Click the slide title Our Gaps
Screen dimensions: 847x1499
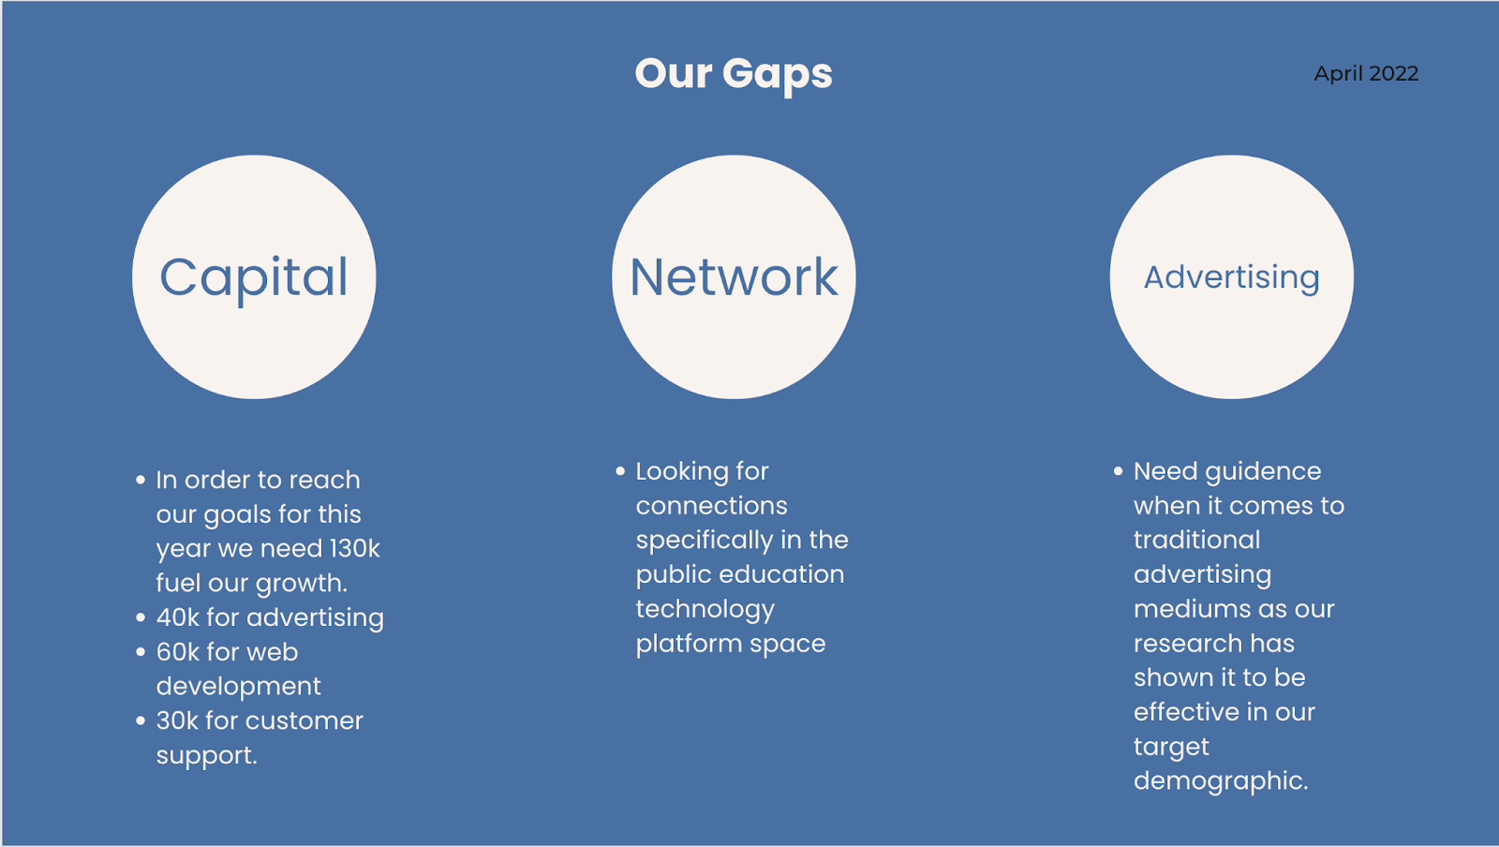click(733, 74)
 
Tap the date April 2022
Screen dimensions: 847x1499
click(1366, 74)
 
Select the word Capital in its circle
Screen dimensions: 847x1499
click(254, 277)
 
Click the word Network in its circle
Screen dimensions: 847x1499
click(734, 277)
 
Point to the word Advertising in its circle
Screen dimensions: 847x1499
click(1231, 277)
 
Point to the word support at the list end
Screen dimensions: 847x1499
click(206, 756)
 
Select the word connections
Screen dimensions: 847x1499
click(711, 506)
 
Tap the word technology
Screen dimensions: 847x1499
click(705, 610)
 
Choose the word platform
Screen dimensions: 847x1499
click(689, 644)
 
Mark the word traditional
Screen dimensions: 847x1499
click(1196, 540)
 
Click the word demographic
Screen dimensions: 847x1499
click(1220, 781)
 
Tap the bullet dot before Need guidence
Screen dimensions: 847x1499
click(1118, 471)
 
